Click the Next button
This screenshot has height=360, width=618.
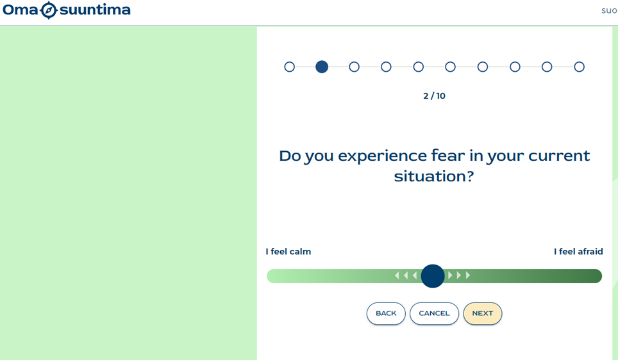tap(483, 313)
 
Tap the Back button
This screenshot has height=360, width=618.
tap(386, 313)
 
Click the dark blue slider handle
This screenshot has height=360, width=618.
tap(433, 276)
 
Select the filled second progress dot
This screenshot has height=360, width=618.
tap(322, 67)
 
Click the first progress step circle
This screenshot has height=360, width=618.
tap(289, 67)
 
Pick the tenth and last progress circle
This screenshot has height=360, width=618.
tap(579, 67)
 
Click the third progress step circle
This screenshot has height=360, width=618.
tap(354, 67)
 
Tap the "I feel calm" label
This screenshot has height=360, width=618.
tap(288, 252)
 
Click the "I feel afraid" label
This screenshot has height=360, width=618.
tap(578, 252)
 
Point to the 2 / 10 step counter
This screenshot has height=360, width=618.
tap(435, 96)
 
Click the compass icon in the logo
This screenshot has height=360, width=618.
tap(49, 10)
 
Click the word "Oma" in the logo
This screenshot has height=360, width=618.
tap(20, 10)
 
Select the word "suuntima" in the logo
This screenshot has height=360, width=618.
tap(95, 10)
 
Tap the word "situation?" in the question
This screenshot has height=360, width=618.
tap(434, 176)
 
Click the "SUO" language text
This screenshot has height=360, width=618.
tap(609, 11)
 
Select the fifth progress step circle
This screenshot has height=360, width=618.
tap(418, 67)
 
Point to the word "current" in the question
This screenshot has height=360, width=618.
tap(559, 156)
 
